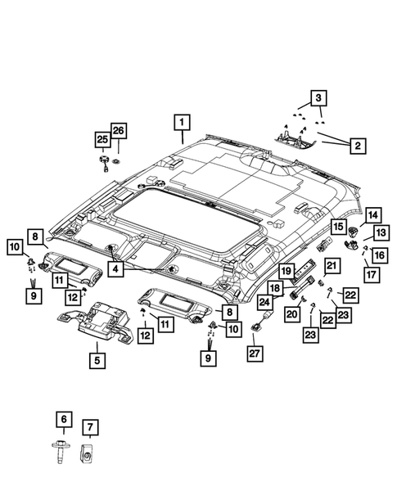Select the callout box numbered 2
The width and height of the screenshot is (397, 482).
coord(357,146)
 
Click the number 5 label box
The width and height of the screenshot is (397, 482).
coord(97,358)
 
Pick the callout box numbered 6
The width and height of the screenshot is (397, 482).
coord(62,420)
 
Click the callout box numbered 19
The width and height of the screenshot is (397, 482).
coord(287,270)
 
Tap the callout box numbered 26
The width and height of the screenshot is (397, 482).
coord(120,131)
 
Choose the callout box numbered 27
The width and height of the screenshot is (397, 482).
coord(254,353)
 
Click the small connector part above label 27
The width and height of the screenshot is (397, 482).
coord(256,327)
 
